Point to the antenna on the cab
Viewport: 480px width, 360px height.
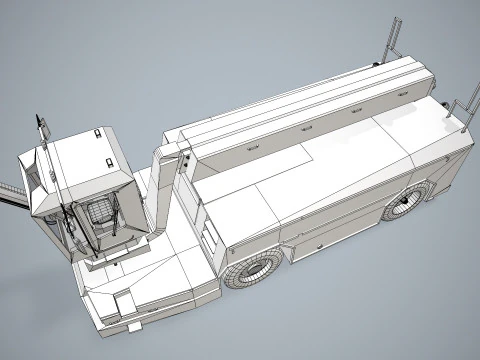pos(41,128)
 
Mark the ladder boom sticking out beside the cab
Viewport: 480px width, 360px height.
pos(9,195)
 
